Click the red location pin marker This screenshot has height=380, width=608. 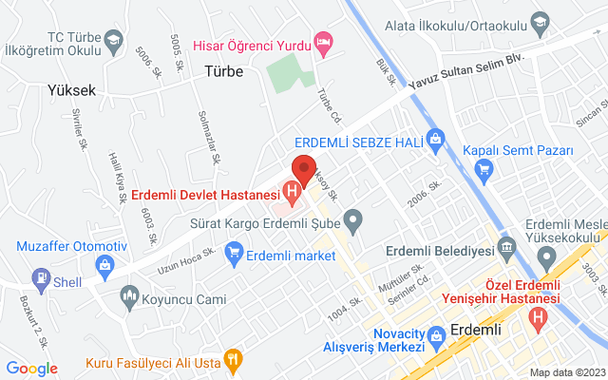point(303,168)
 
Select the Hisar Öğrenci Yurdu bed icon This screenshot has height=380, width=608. point(324,43)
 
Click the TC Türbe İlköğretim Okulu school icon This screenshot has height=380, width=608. point(114,40)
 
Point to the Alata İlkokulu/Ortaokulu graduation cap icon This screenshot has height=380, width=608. point(540,20)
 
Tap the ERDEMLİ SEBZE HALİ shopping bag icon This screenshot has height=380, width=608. point(436,138)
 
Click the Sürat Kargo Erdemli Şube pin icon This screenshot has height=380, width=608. point(353,224)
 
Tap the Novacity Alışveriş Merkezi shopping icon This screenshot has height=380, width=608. point(436,335)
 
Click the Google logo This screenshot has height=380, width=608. point(31,369)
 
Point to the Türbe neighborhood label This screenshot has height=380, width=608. point(224,71)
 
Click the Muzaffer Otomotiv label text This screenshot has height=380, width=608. point(71,247)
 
